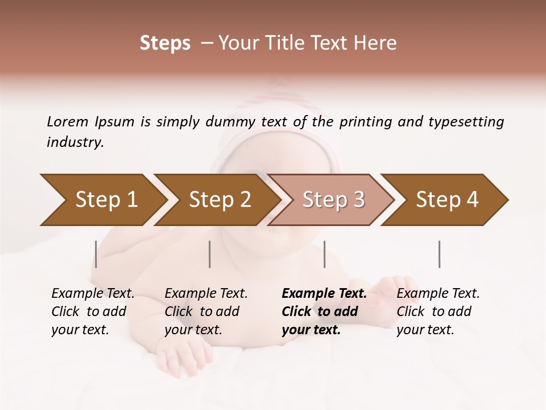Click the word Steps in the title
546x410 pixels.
click(165, 43)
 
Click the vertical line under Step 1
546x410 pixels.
click(96, 254)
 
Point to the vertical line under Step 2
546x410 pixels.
click(210, 254)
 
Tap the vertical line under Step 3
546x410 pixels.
click(325, 254)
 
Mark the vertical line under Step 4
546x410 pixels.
click(440, 254)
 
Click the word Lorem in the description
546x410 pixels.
click(68, 121)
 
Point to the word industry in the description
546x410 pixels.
click(75, 142)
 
